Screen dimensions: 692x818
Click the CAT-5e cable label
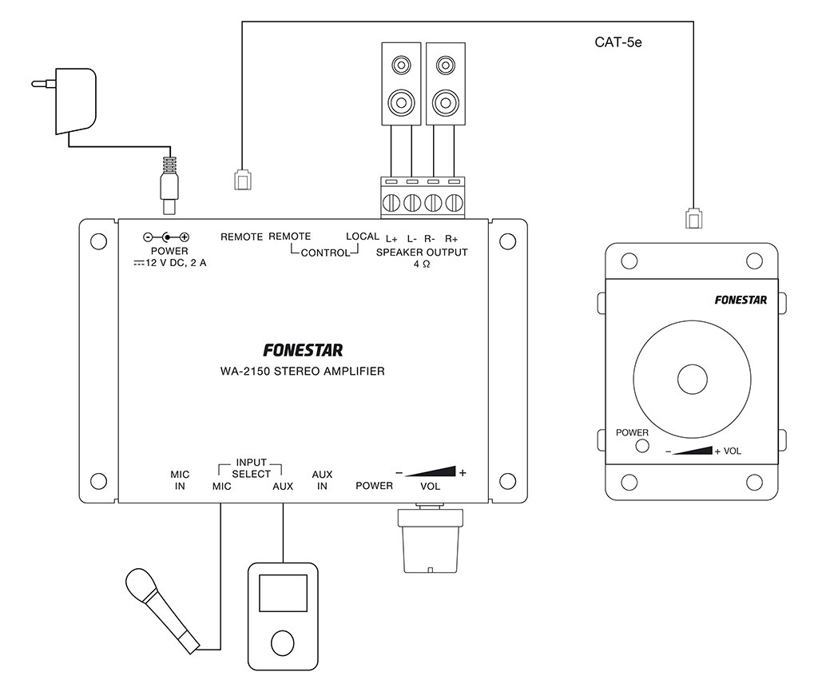point(618,42)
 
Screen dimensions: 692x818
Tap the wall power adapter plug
point(69,99)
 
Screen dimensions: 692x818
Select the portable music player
point(283,616)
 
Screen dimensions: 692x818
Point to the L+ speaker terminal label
point(391,238)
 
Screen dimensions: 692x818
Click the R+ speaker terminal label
point(452,238)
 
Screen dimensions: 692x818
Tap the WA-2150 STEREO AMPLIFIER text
point(302,371)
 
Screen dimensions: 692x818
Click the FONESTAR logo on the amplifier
point(303,350)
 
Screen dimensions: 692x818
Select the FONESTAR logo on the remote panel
point(741,300)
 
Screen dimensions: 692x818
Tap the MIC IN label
point(180,479)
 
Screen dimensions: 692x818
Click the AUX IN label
point(322,479)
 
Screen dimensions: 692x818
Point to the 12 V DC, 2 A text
point(170,263)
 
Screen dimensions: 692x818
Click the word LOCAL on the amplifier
point(362,237)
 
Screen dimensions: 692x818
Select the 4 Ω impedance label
point(421,264)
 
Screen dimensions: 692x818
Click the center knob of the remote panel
point(693,380)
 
